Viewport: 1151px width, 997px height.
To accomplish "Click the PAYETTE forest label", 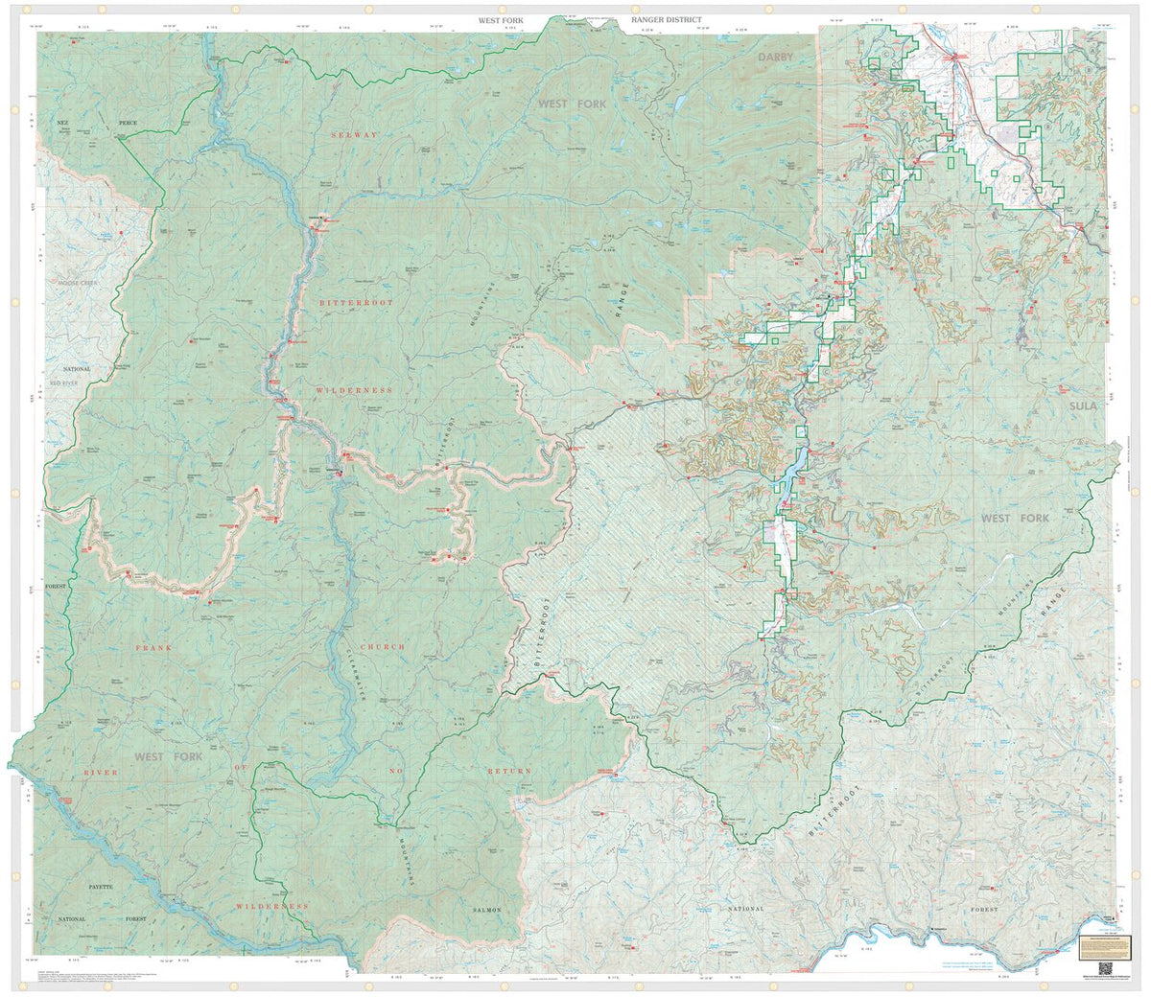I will click(95, 887).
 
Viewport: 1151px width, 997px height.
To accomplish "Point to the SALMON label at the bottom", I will click(487, 909).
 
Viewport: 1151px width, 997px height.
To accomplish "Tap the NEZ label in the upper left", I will click(65, 124).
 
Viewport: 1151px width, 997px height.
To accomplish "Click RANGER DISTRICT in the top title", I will click(667, 19).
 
